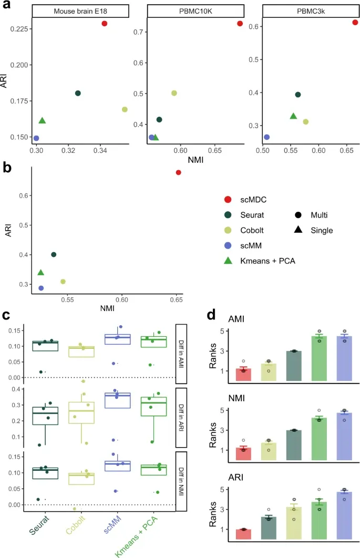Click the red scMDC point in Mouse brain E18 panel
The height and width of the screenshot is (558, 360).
[105, 24]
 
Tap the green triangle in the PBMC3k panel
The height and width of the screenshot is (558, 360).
[293, 116]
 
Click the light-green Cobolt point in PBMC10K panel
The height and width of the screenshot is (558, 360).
[174, 93]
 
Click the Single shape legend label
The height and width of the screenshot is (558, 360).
[322, 230]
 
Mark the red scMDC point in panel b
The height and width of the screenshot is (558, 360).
[179, 172]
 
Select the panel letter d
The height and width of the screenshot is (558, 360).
[211, 315]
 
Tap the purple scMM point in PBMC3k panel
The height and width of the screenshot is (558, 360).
[266, 137]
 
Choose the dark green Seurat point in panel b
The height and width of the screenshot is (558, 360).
[54, 254]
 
